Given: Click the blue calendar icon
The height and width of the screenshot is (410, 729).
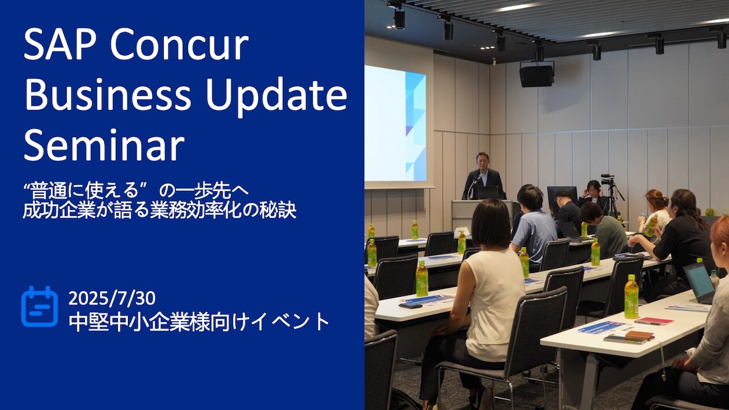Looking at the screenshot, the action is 40,306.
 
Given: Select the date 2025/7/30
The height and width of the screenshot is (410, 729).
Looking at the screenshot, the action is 112,298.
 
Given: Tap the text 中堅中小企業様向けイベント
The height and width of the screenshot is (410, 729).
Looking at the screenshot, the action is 199,322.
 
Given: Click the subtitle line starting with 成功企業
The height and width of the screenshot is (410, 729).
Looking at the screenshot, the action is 160,211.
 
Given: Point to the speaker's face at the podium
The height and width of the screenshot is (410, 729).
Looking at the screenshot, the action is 482,160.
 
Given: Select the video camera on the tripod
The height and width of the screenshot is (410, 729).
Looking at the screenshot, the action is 607,179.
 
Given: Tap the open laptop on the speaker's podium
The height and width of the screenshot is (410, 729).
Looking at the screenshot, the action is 485,193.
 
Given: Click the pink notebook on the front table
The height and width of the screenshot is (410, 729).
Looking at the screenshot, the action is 654,321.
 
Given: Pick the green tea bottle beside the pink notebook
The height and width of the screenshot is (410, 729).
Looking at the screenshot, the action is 631,297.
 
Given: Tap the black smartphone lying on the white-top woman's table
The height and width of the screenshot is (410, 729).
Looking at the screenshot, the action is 410,305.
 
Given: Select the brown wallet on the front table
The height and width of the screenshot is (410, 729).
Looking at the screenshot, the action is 639,335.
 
